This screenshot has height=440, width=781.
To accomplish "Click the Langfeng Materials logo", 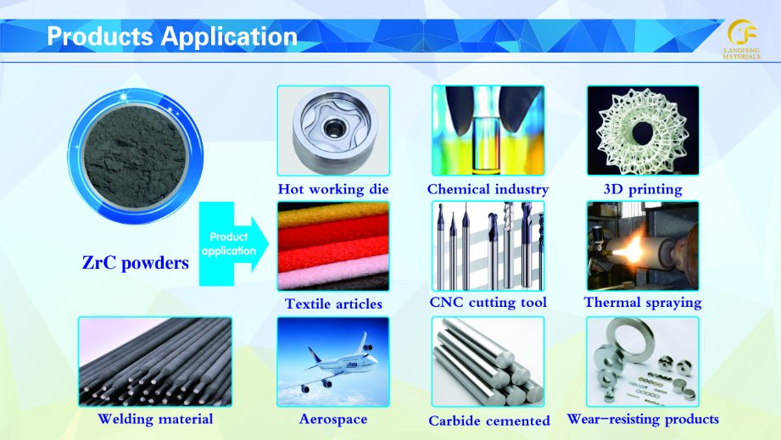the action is (x=742, y=39).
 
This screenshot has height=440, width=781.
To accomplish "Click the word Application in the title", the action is (x=229, y=36).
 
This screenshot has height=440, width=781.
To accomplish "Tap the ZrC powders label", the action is (x=136, y=262).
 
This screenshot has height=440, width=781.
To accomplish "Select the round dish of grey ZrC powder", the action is (x=136, y=156).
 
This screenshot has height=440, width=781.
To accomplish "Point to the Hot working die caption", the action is (x=333, y=189).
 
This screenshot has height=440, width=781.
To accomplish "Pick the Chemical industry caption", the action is (x=488, y=189).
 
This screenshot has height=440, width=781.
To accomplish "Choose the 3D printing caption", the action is (x=643, y=189).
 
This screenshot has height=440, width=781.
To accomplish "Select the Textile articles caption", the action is (x=333, y=304).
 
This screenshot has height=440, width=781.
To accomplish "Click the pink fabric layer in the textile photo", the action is (x=332, y=271).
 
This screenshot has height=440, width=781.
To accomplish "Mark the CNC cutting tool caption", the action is (x=488, y=302).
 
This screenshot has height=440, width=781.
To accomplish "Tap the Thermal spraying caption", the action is (x=643, y=302).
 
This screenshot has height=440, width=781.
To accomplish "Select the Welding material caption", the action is (x=155, y=419).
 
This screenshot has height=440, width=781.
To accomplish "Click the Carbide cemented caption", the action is (x=489, y=421).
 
